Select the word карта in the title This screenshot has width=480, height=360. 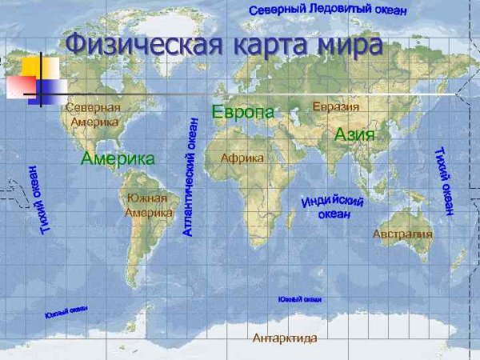pyautogui.click(x=269, y=46)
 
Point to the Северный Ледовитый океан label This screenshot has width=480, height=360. pyautogui.click(x=328, y=10)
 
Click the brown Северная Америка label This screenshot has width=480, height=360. pyautogui.click(x=94, y=114)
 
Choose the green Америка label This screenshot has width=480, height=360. pyautogui.click(x=118, y=158)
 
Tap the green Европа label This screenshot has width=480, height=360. pyautogui.click(x=242, y=112)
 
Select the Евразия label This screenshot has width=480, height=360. pyautogui.click(x=336, y=106)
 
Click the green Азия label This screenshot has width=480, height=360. pyautogui.click(x=354, y=134)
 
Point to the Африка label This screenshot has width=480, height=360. pyautogui.click(x=242, y=158)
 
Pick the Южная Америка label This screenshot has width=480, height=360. pyautogui.click(x=148, y=206)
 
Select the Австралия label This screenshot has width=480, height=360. pyautogui.click(x=402, y=234)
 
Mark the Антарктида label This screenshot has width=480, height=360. pyautogui.click(x=285, y=338)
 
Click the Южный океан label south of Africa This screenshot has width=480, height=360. pyautogui.click(x=300, y=299)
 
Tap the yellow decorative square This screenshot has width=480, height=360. pyautogui.click(x=39, y=67)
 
